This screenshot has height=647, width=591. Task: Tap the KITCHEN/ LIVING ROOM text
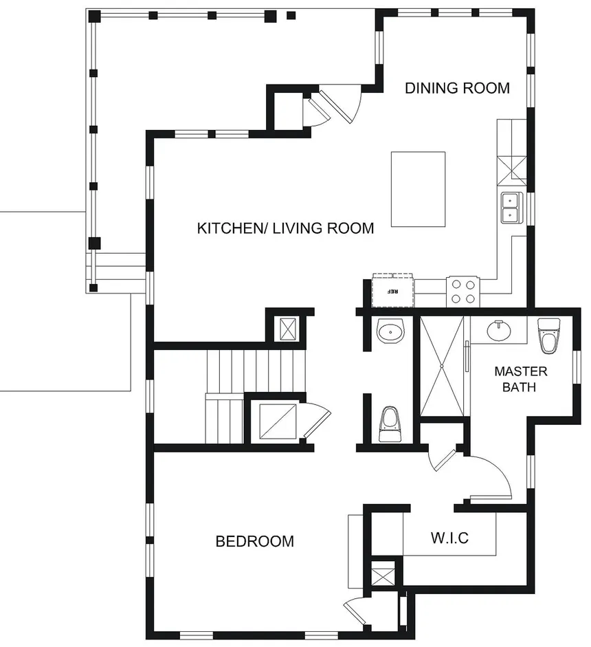[285, 228]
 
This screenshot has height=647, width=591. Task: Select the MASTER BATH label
[521, 379]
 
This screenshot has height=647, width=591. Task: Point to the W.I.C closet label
[449, 538]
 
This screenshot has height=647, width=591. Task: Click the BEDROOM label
[254, 541]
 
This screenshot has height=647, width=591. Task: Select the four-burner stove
[462, 291]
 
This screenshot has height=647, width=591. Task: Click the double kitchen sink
[511, 208]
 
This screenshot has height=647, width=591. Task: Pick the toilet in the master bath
[550, 334]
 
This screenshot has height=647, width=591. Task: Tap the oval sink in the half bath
[392, 333]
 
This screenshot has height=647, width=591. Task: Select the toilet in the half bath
[390, 424]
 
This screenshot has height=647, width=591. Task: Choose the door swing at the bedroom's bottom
[355, 609]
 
